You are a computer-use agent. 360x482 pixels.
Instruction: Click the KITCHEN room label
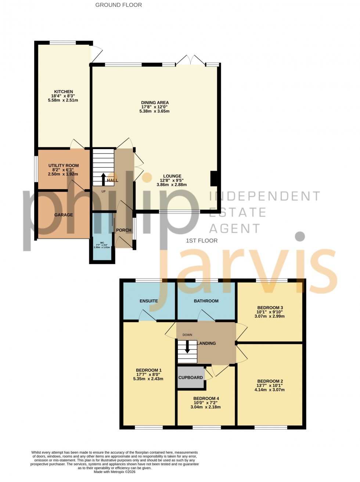tap(64, 92)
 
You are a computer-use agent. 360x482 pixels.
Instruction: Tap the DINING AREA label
tap(155, 103)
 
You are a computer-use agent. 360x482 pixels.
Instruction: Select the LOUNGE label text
tap(172, 176)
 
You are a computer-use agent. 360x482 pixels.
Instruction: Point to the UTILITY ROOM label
tap(64, 166)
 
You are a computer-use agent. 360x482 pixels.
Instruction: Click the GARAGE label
tap(64, 215)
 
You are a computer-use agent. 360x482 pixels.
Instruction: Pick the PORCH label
tap(124, 230)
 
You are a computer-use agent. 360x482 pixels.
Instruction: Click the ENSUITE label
tap(149, 301)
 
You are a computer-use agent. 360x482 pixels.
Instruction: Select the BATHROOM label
tap(206, 301)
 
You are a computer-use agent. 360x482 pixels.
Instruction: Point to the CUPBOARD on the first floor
tap(191, 378)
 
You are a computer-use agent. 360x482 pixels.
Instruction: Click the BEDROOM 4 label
tap(206, 399)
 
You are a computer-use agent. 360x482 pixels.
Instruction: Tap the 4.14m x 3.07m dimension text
tap(270, 390)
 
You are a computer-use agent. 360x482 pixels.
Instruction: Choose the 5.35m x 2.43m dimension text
tap(148, 379)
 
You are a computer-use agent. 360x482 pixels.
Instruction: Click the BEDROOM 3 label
tap(270, 308)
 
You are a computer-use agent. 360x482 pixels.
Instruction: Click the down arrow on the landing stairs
tap(187, 347)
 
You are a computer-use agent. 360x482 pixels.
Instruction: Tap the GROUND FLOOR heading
tap(118, 5)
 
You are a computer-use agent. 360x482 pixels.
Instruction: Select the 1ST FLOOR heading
tap(202, 241)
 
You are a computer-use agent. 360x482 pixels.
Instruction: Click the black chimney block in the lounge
tap(213, 179)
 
